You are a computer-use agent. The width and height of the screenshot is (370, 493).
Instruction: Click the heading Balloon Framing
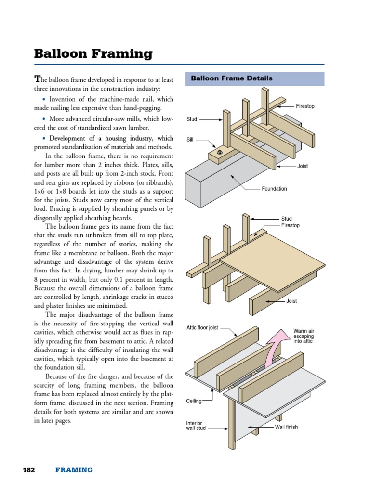pyautogui.click(x=93, y=54)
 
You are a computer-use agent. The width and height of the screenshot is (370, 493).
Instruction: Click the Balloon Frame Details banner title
pyautogui.click(x=232, y=78)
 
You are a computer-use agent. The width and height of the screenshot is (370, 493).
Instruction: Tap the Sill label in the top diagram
pyautogui.click(x=190, y=140)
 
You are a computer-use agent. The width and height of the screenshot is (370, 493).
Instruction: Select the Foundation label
pyautogui.click(x=274, y=189)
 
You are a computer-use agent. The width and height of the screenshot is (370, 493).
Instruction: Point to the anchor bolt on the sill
pyautogui.click(x=220, y=152)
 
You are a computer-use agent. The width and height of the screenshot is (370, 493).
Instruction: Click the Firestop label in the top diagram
pyautogui.click(x=305, y=106)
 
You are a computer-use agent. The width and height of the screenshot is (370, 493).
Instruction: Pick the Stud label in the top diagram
pyautogui.click(x=191, y=119)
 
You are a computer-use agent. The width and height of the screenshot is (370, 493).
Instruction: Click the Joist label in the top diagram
pyautogui.click(x=303, y=166)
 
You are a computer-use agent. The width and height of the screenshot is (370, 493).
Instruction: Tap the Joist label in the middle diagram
pyautogui.click(x=291, y=301)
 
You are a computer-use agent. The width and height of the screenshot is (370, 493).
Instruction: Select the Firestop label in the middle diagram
pyautogui.click(x=291, y=225)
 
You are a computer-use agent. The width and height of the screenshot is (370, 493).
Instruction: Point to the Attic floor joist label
pyautogui.click(x=202, y=328)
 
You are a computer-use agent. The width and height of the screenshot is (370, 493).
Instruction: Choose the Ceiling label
pyautogui.click(x=194, y=401)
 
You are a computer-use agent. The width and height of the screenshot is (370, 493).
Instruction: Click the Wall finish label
pyautogui.click(x=286, y=427)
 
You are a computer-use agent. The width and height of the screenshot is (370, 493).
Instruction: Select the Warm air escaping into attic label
pyautogui.click(x=303, y=337)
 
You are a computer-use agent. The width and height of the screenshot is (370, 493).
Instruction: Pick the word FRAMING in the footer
pyautogui.click(x=74, y=470)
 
